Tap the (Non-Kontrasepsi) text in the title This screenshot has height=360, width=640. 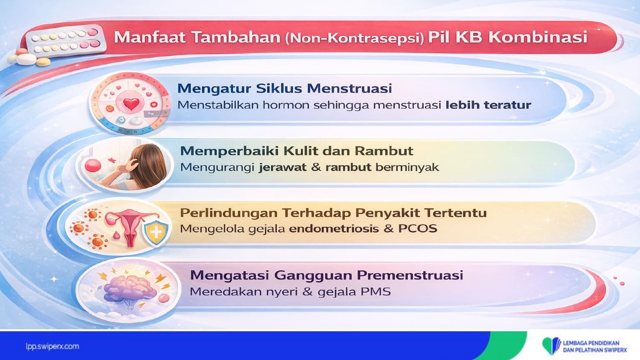[x=355, y=38]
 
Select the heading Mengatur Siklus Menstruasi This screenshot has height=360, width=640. [x=285, y=89]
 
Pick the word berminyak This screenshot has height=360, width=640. [x=407, y=167]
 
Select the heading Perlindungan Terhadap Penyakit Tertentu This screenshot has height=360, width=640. [x=333, y=213]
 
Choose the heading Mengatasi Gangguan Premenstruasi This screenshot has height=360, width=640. [x=326, y=276]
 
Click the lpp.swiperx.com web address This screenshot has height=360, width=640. [x=52, y=347]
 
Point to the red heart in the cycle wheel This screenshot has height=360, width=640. [x=131, y=104]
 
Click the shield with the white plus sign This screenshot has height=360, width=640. [x=156, y=232]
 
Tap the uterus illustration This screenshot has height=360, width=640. [x=131, y=228]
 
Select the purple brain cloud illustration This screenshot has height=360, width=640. [x=130, y=287]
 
